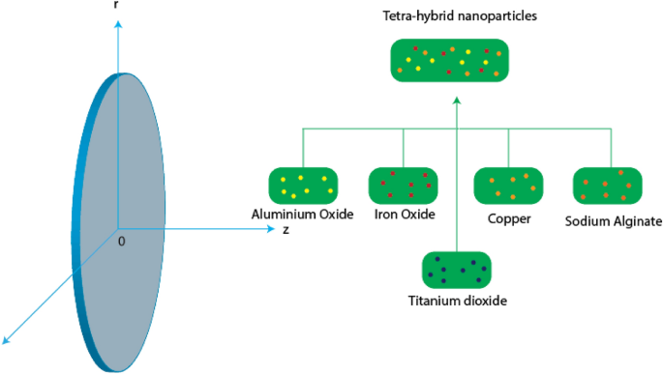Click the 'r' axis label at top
pos(117,6)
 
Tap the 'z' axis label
pos(286,231)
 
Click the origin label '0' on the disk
pos(121,240)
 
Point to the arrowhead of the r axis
pos(117,24)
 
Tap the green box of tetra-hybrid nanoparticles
pos(449,60)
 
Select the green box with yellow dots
pos(302,185)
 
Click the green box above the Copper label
pos(508,185)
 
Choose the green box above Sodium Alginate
pos(609,185)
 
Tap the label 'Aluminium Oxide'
pos(301,215)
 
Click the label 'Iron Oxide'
pos(405,215)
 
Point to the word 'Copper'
pos(509,218)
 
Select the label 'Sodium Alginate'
pos(613,220)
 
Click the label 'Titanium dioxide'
pos(457,301)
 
